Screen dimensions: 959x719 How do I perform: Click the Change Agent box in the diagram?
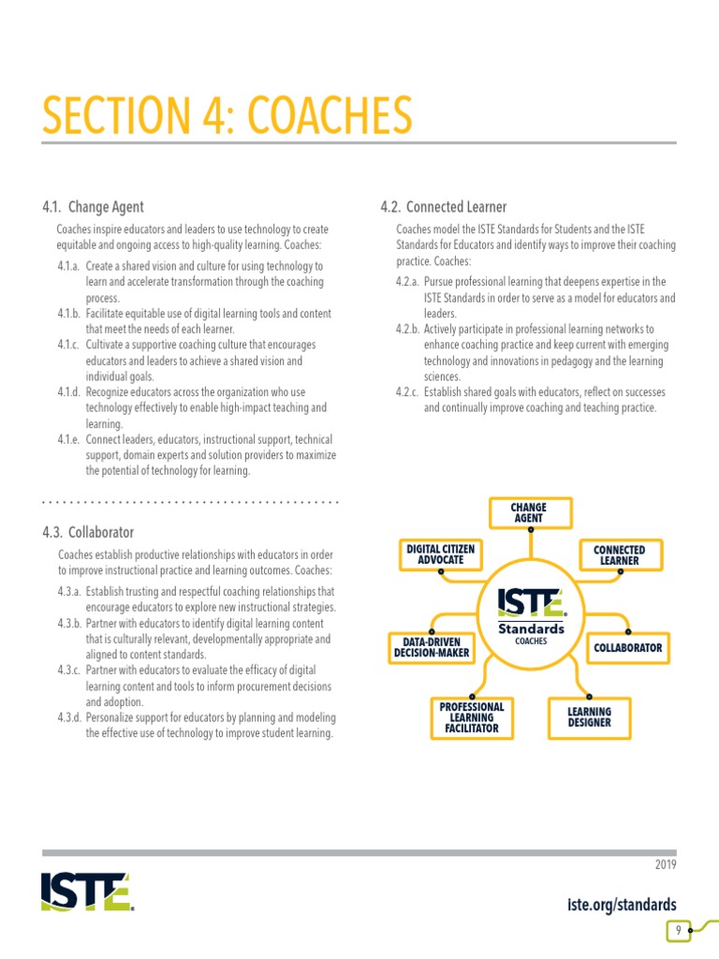tap(529, 513)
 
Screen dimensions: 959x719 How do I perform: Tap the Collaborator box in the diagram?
tap(628, 647)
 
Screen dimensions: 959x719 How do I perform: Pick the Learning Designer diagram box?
tap(589, 717)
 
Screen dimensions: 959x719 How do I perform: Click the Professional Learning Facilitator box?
tap(472, 717)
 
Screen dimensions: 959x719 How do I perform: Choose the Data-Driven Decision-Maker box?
tap(432, 647)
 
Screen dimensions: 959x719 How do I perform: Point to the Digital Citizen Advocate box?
tap(441, 554)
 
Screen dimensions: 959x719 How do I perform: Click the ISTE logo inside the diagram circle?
tap(530, 603)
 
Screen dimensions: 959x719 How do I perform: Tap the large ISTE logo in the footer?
tap(87, 892)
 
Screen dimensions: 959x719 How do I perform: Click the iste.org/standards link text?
tap(622, 904)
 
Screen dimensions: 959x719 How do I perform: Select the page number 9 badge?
tap(676, 931)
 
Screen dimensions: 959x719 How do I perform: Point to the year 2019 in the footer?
tap(665, 864)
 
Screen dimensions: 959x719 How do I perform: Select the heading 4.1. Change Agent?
tap(93, 207)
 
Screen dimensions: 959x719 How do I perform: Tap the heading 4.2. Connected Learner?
tap(443, 207)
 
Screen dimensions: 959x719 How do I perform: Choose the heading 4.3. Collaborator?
tap(88, 532)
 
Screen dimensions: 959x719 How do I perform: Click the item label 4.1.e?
tap(69, 439)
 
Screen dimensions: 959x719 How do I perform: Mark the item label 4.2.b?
tap(408, 330)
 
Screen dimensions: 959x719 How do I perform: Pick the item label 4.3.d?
tap(69, 717)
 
